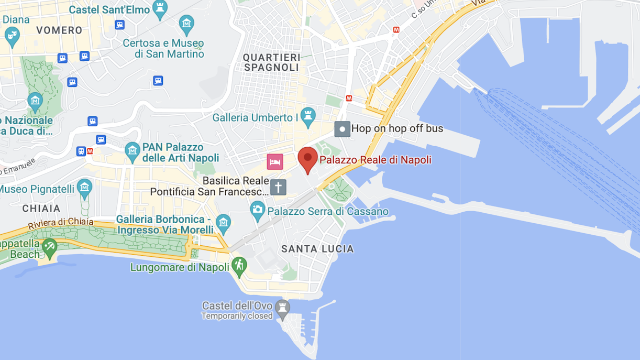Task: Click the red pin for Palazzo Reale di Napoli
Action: [307, 158]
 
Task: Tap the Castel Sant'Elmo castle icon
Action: [160, 8]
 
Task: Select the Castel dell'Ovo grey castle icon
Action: [282, 308]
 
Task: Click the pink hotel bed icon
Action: [274, 161]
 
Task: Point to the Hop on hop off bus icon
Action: [342, 129]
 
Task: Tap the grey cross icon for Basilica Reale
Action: [278, 187]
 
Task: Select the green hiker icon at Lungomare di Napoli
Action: [239, 265]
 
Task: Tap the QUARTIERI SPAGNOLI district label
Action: [271, 62]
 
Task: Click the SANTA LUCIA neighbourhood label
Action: [317, 249]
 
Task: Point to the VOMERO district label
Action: [59, 30]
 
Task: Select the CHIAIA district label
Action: [41, 209]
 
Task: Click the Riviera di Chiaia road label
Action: [61, 223]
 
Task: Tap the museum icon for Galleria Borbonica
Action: [223, 223]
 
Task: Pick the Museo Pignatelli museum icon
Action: [84, 187]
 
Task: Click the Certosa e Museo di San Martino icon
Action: [186, 24]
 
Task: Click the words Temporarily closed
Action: [237, 316]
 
